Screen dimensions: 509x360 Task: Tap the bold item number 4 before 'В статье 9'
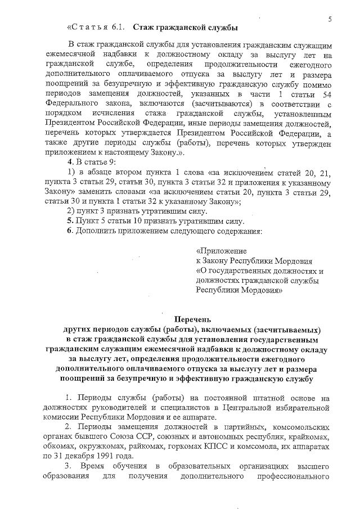pos(70,161)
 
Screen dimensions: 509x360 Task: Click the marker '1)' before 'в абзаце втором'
pos(71,172)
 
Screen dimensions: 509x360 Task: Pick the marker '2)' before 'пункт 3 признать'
pos(71,211)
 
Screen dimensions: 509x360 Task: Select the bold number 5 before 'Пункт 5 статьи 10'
pos(70,220)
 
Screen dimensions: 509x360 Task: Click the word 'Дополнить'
pos(97,231)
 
